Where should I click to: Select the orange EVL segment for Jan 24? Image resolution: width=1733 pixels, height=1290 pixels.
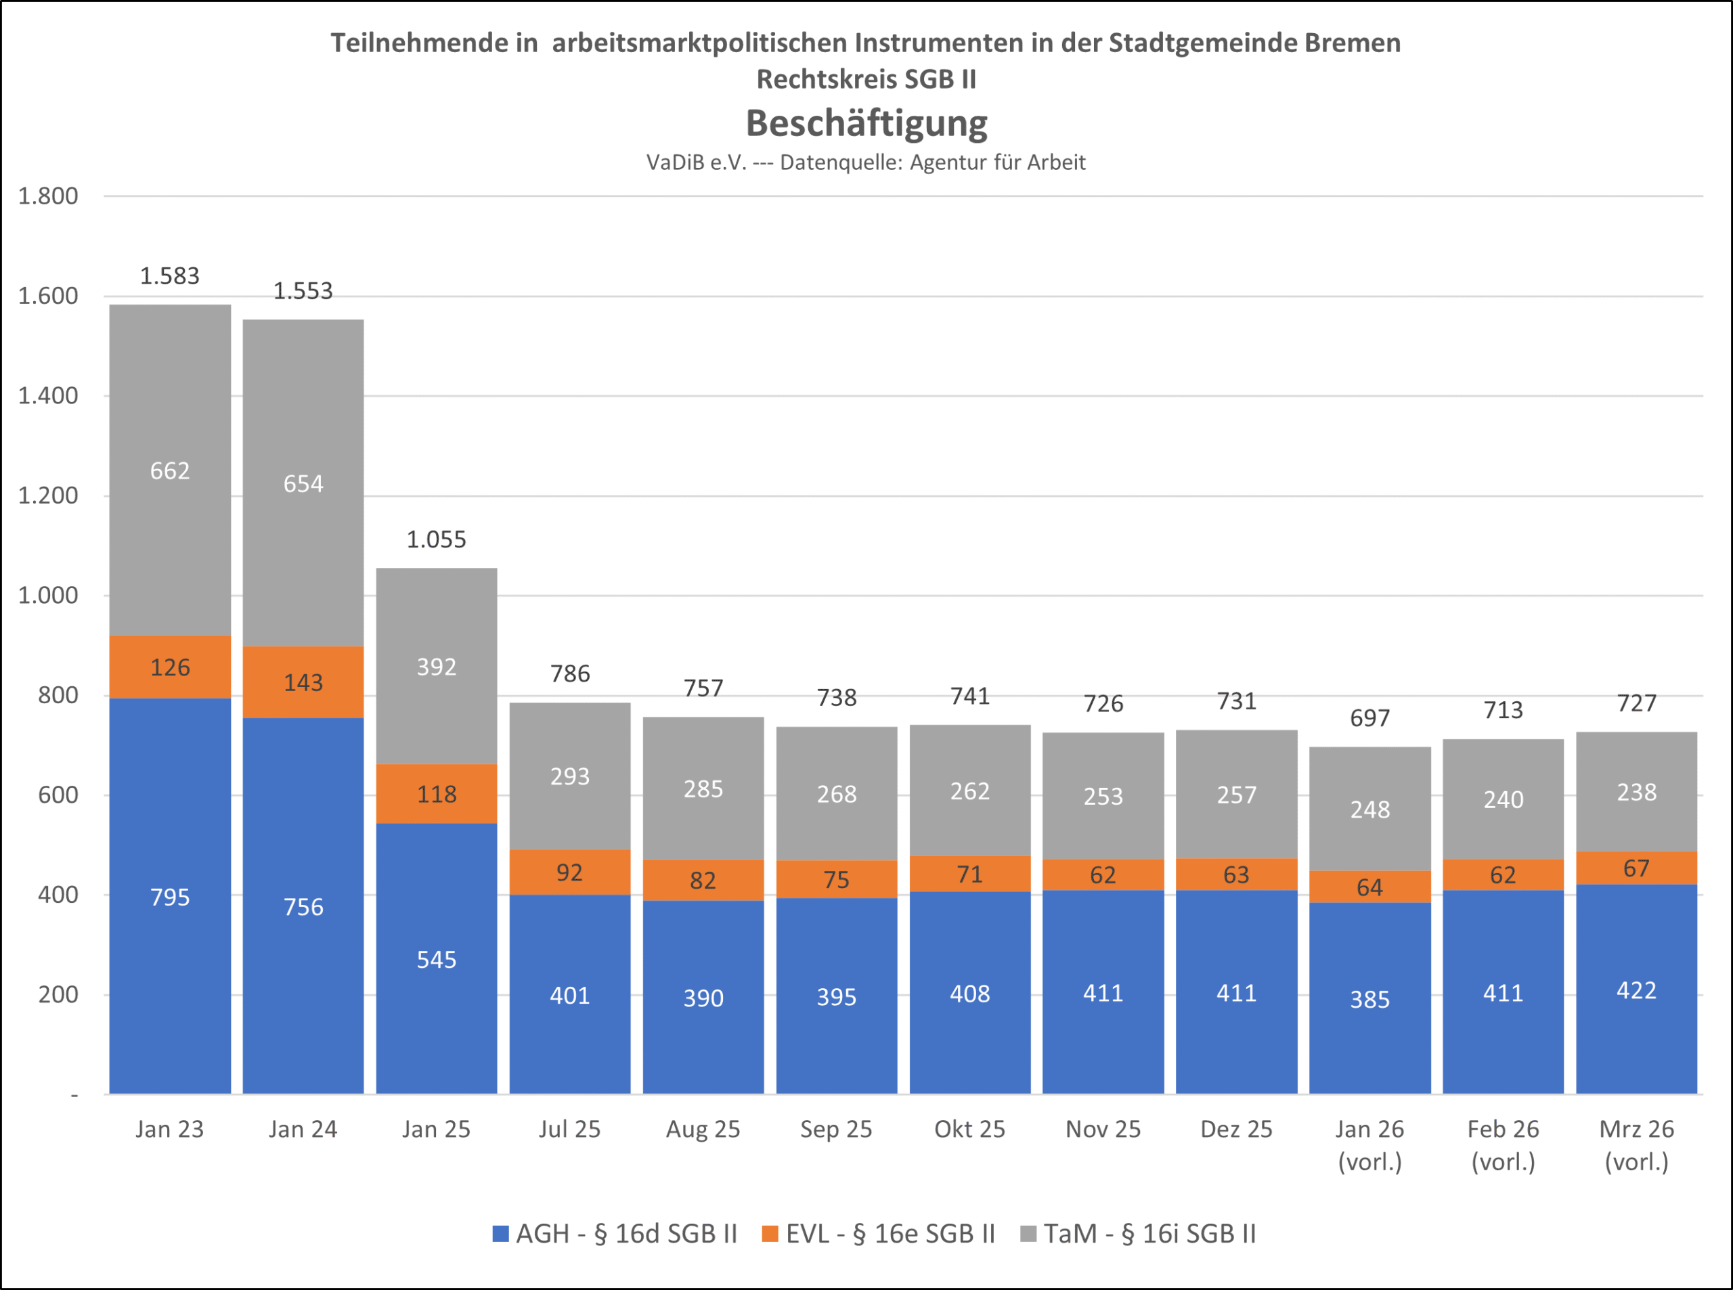(x=303, y=682)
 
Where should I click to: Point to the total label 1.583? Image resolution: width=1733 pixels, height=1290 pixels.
(x=169, y=275)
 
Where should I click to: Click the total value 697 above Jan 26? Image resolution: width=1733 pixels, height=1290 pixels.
(x=1370, y=717)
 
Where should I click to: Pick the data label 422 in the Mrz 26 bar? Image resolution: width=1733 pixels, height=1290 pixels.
(x=1636, y=990)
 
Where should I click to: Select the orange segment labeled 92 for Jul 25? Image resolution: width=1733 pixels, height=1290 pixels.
(x=569, y=872)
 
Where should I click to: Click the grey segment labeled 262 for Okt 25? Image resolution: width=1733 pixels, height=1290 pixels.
(x=970, y=791)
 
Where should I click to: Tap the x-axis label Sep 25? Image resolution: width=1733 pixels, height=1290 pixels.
(x=835, y=1129)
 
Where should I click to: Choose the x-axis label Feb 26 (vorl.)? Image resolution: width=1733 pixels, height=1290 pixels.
(x=1503, y=1144)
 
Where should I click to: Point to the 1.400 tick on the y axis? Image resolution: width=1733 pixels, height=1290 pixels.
(x=49, y=396)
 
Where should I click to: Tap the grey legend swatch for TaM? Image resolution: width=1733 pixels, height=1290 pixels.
(x=1028, y=1233)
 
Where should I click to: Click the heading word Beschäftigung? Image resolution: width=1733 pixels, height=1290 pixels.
(x=866, y=123)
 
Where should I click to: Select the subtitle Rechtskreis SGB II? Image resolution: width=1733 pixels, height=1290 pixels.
(x=866, y=79)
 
